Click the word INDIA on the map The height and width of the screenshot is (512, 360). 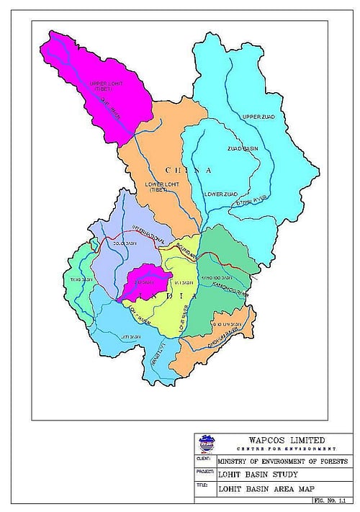tap(163, 294)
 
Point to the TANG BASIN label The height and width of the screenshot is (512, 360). tap(78, 279)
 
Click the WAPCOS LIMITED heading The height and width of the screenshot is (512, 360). tap(286, 439)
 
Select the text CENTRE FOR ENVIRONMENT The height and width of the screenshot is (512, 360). tap(286, 448)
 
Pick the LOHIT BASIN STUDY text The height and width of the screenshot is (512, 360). tap(251, 474)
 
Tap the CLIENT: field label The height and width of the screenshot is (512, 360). tap(204, 458)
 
